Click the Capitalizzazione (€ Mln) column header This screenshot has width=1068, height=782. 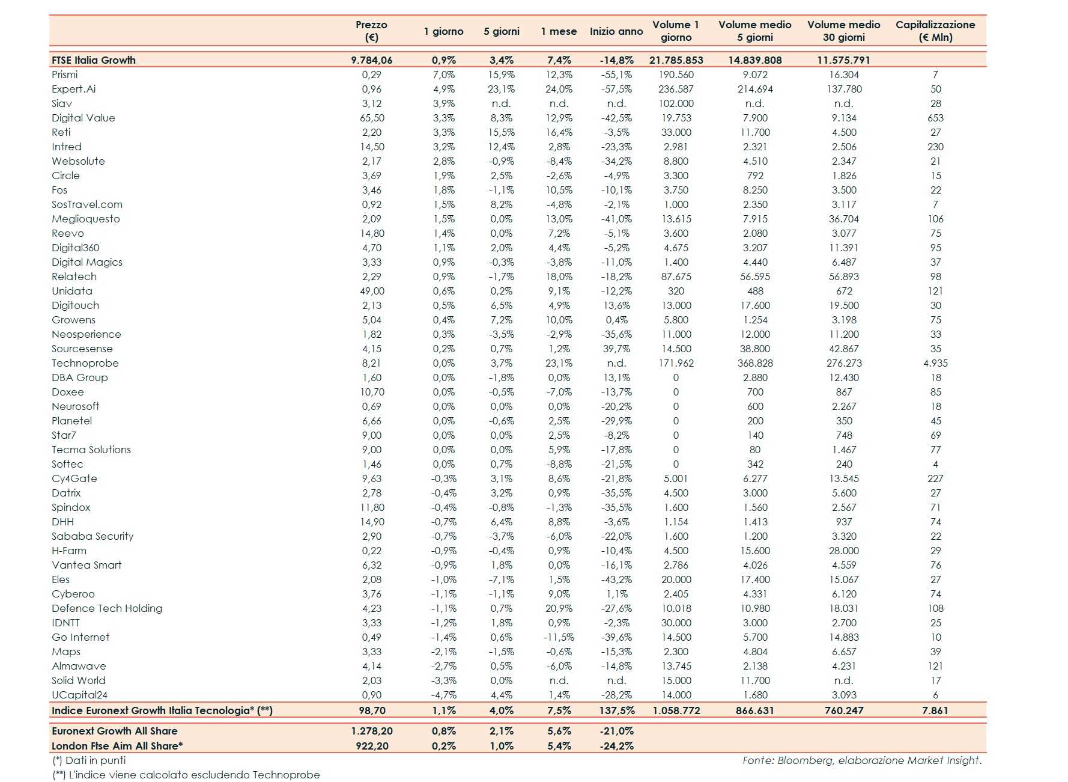point(935,31)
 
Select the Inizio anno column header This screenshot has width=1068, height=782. point(616,31)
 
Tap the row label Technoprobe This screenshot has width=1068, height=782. point(85,363)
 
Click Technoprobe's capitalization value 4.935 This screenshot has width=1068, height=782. point(935,363)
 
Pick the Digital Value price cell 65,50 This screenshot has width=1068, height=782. point(372,118)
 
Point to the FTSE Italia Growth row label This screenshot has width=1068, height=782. point(94,60)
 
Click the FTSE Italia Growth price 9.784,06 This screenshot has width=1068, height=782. point(372,60)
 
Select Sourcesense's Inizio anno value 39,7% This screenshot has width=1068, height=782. point(616,349)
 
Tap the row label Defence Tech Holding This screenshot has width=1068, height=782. point(107,608)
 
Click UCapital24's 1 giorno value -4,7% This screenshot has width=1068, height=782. point(443,695)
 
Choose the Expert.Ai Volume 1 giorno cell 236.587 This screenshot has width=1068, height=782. point(676,89)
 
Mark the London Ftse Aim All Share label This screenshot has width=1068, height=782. point(117,746)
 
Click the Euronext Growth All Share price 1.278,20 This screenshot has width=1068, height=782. point(372,731)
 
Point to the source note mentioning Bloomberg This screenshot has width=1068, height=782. point(861,760)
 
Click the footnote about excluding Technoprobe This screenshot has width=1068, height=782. point(186,775)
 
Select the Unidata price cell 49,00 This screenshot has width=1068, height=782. point(372,291)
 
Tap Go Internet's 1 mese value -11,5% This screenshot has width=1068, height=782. point(559,637)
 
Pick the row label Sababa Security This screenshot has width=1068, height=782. point(93,536)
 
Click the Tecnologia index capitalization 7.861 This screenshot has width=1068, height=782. point(935,710)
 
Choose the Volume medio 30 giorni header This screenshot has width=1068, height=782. point(843,31)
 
